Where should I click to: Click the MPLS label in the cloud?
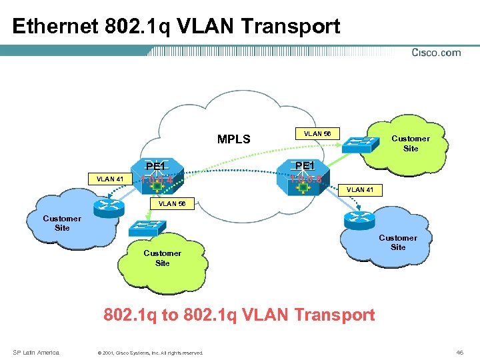[x=234, y=139]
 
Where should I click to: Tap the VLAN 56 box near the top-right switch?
[x=317, y=133]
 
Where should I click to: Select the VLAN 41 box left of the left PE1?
[x=109, y=179]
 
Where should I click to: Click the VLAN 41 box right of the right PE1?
[x=359, y=190]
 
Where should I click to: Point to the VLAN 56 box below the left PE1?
[x=171, y=203]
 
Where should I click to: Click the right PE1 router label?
[x=304, y=165]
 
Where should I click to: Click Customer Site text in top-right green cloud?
[x=410, y=143]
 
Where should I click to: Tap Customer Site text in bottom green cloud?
[x=162, y=258]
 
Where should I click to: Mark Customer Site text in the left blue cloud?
[x=62, y=223]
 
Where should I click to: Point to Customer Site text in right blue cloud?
[x=397, y=242]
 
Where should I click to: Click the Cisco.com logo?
[x=436, y=53]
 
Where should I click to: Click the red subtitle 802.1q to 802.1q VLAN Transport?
[x=239, y=315]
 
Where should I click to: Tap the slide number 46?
[x=459, y=351]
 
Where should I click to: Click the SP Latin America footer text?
[x=36, y=352]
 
